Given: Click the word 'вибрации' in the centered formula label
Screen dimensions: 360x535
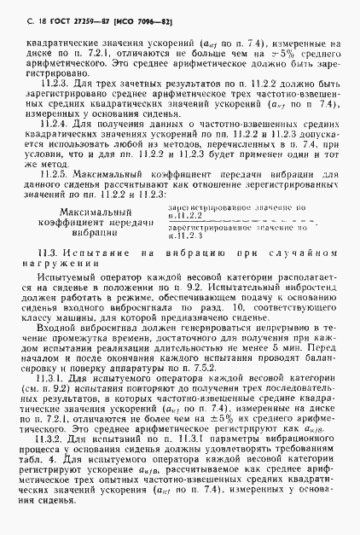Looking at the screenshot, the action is (102, 232).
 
